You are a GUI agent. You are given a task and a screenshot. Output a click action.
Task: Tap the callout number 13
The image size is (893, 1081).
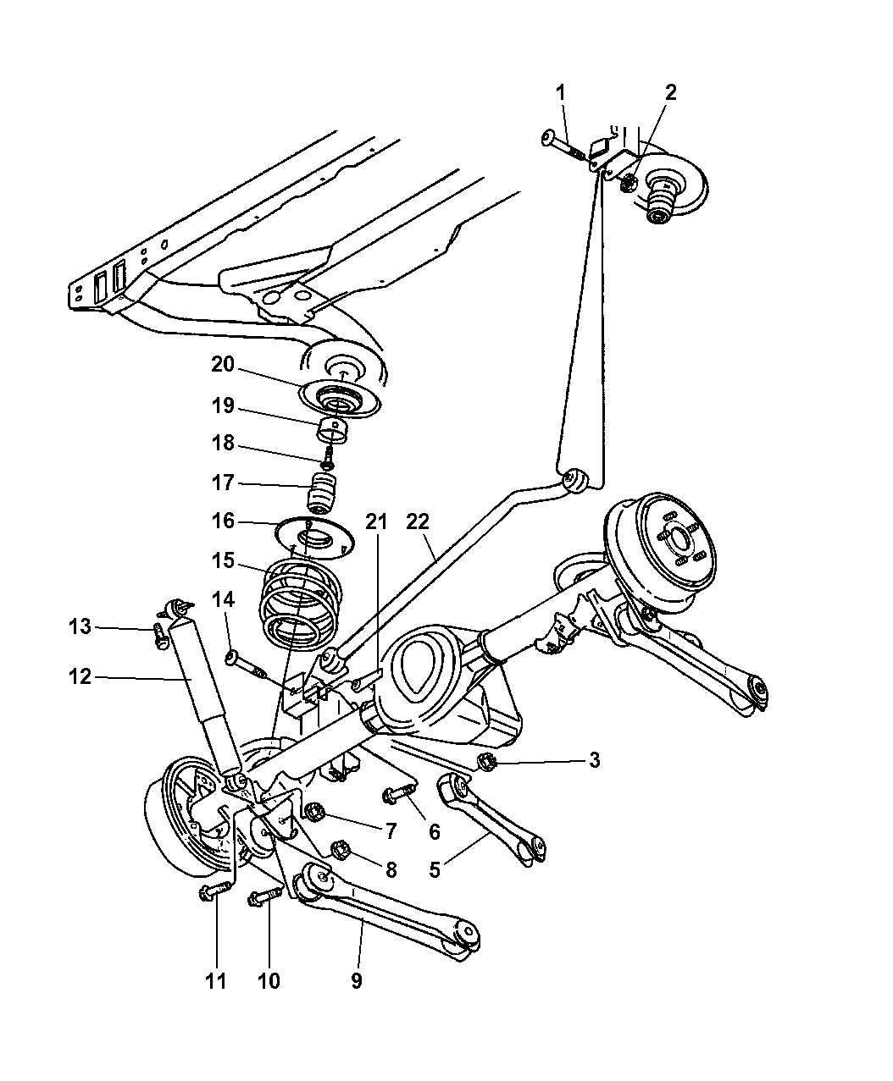(80, 626)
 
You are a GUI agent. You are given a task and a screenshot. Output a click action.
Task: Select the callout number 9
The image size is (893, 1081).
(356, 981)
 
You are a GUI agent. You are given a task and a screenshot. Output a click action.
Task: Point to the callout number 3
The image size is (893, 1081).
(594, 759)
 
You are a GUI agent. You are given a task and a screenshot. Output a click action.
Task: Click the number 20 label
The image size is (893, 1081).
(222, 364)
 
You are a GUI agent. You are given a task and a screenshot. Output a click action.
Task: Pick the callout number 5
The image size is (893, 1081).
(434, 870)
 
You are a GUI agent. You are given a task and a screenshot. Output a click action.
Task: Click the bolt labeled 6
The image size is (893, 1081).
(398, 793)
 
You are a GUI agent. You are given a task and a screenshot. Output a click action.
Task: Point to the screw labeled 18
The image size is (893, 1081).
(329, 458)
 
